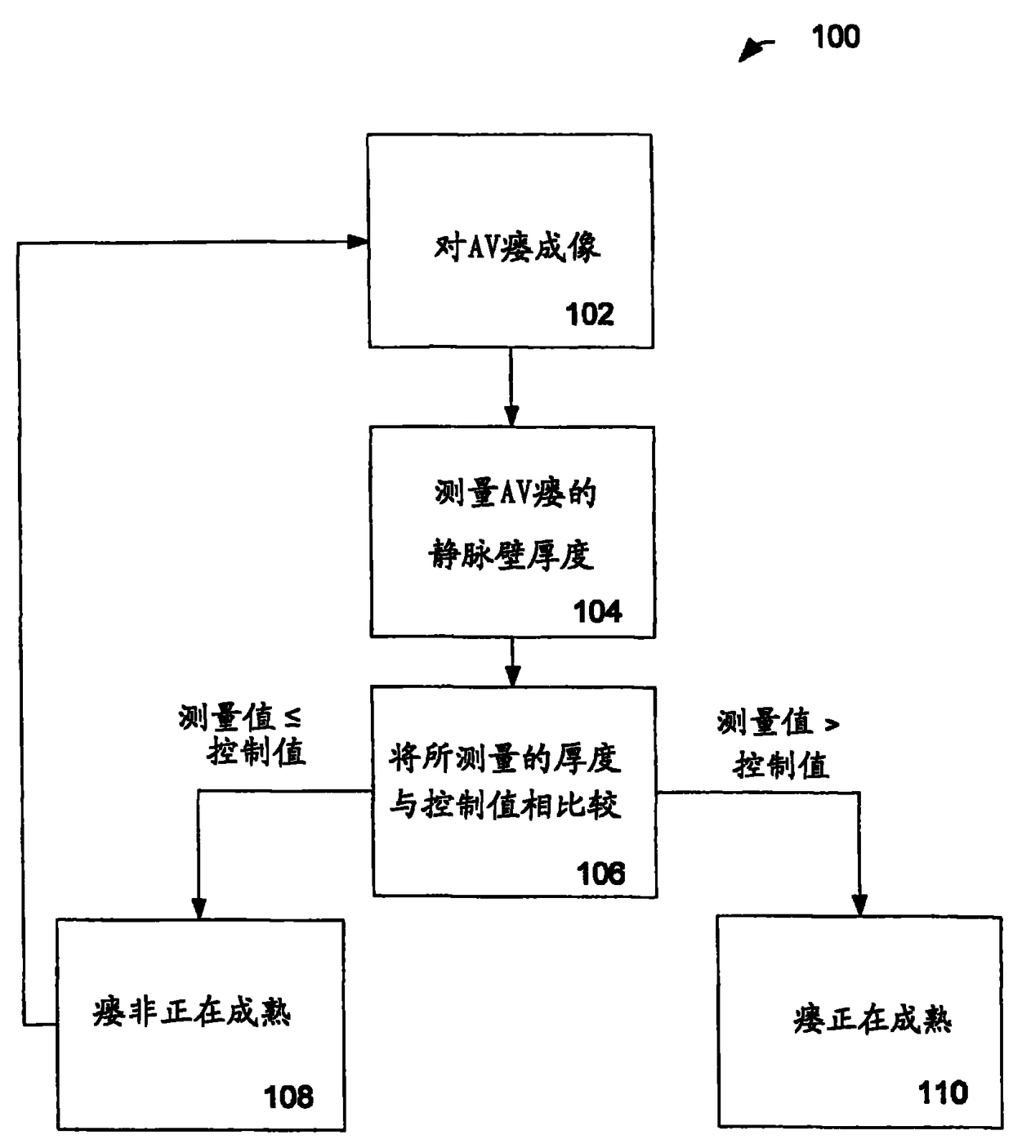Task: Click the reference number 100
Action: [x=835, y=37]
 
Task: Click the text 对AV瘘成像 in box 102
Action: [x=516, y=246]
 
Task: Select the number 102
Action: [x=589, y=315]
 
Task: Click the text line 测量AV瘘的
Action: [x=515, y=494]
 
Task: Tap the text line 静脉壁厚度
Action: [x=511, y=556]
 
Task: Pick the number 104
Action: [x=597, y=611]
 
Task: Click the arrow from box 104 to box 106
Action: [x=512, y=663]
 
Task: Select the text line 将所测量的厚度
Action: [x=505, y=759]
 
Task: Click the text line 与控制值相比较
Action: [x=505, y=806]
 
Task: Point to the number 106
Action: [x=600, y=874]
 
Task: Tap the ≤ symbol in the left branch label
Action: [x=292, y=718]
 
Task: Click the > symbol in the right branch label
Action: [x=831, y=724]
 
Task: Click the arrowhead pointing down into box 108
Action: [x=199, y=908]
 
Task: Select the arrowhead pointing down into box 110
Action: [x=859, y=905]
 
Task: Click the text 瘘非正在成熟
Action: [x=192, y=1013]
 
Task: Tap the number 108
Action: [x=288, y=1097]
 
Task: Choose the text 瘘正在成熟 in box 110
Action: [x=872, y=1020]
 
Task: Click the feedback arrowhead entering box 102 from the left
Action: [x=357, y=242]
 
